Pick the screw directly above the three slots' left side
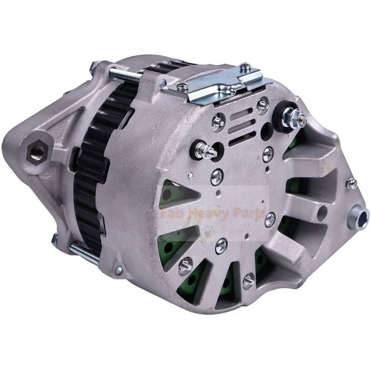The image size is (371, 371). point(219,121)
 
